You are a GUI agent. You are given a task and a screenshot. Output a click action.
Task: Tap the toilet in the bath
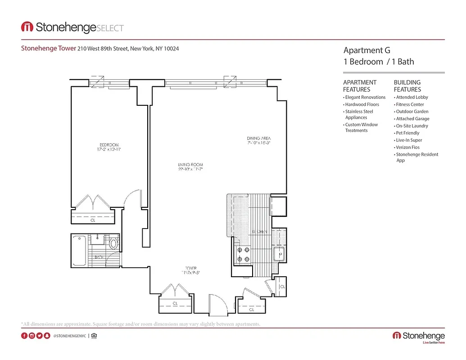[114, 244]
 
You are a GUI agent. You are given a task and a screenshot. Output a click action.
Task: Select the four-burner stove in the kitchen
[241, 254]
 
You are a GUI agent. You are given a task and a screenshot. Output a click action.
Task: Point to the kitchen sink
[279, 254]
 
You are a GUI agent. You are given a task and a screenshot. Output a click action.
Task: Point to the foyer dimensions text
[191, 273]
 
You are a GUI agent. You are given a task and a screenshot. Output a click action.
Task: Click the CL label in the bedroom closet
[93, 220]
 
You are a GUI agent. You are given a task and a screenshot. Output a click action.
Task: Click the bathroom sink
[96, 239]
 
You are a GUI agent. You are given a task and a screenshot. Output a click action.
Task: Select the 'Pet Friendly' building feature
[407, 133]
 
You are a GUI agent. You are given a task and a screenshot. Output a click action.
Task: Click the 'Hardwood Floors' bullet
[362, 104]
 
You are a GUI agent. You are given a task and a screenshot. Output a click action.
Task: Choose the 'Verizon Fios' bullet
[407, 148]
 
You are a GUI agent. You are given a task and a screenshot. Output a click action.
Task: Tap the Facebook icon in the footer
[24, 336]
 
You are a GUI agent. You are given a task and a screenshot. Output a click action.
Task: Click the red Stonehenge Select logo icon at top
[27, 27]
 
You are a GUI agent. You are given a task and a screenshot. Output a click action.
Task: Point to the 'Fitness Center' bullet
[410, 104]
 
